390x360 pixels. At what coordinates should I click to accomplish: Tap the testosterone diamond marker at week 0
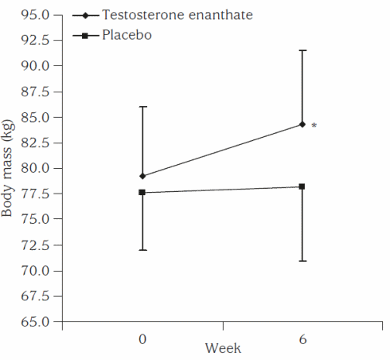(142, 176)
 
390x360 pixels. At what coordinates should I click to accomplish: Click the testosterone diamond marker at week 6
(302, 124)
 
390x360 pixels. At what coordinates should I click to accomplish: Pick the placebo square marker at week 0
(142, 192)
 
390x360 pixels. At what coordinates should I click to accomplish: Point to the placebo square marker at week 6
(302, 186)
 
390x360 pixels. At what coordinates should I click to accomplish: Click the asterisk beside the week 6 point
(314, 126)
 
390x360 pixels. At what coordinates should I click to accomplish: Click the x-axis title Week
(223, 348)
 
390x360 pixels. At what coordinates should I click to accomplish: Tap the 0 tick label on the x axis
(142, 338)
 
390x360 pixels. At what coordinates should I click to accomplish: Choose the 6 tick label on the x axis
(302, 338)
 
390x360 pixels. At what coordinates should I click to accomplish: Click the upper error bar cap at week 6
(302, 50)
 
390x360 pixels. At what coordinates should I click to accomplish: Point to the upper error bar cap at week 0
(142, 107)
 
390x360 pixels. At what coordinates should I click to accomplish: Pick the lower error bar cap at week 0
(142, 250)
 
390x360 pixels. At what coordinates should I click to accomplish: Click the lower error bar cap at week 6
(302, 261)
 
